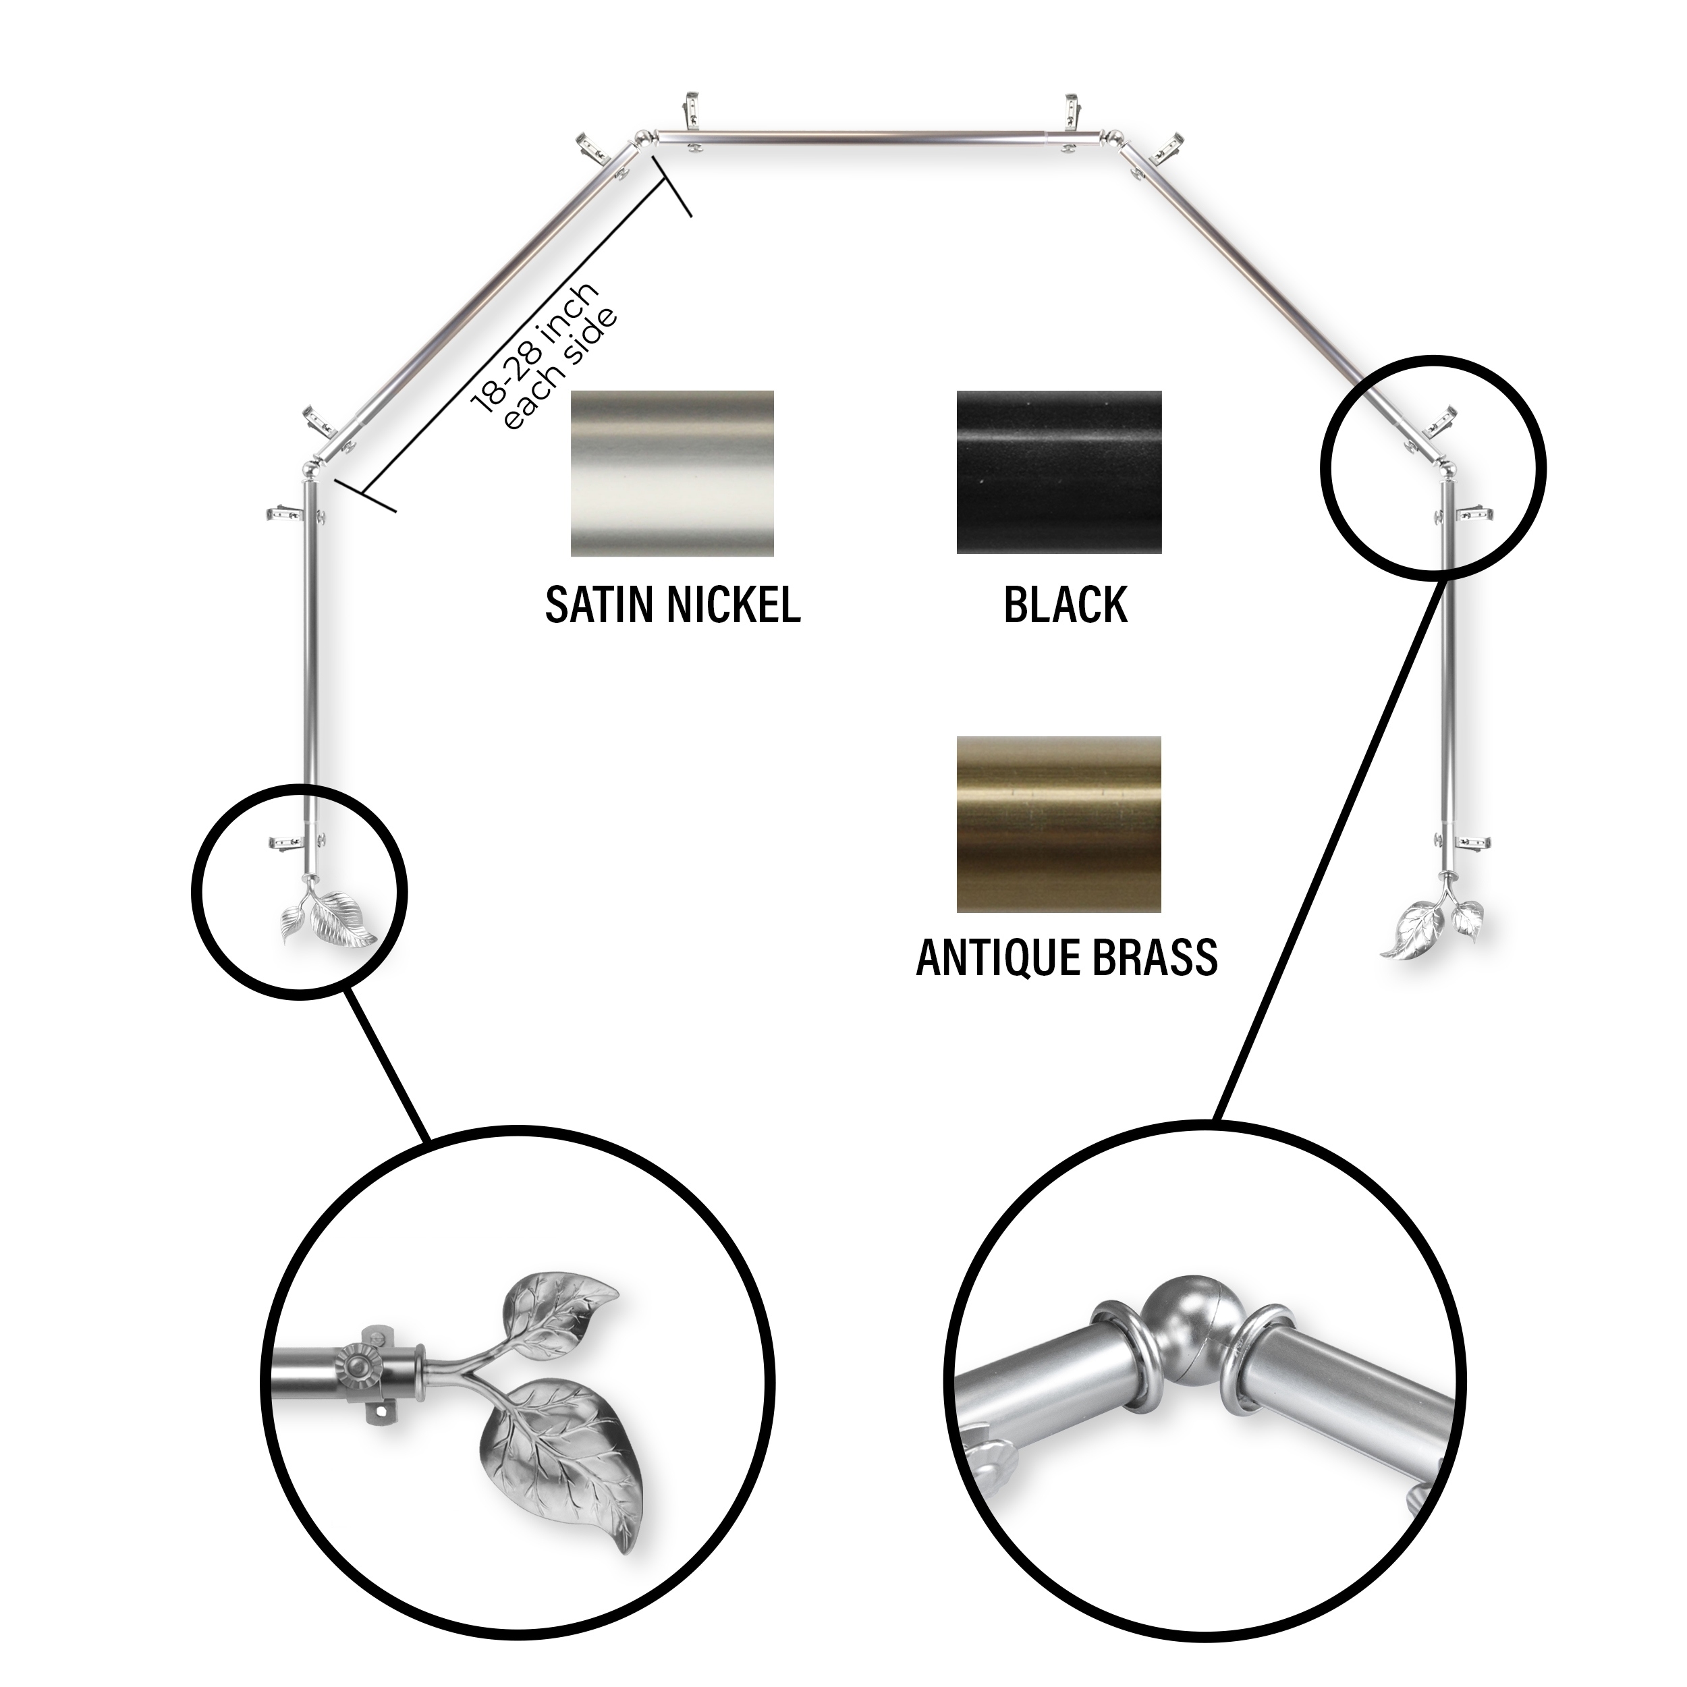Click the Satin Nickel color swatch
click(x=672, y=472)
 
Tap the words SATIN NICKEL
click(x=672, y=604)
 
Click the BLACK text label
click(x=1066, y=604)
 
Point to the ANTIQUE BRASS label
click(x=1066, y=957)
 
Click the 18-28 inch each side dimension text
click(x=543, y=356)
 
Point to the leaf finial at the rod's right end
click(x=1432, y=926)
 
